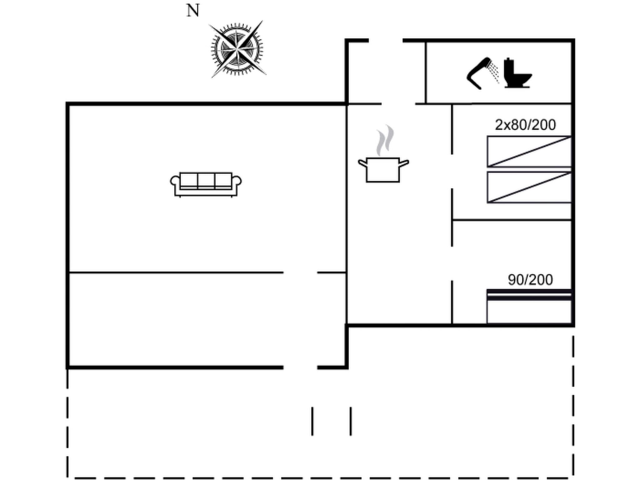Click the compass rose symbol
[237, 49]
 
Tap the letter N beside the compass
[193, 11]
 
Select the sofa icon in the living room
[206, 184]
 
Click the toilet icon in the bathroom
[517, 74]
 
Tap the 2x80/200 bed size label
[525, 125]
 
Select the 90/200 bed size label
[530, 280]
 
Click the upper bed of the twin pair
[529, 152]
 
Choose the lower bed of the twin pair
[529, 187]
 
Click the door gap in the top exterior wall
[386, 41]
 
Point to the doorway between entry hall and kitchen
[398, 104]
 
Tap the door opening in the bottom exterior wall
[300, 367]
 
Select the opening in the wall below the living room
[300, 272]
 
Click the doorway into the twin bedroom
[452, 171]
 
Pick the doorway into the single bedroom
[452, 263]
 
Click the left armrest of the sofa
[174, 182]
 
